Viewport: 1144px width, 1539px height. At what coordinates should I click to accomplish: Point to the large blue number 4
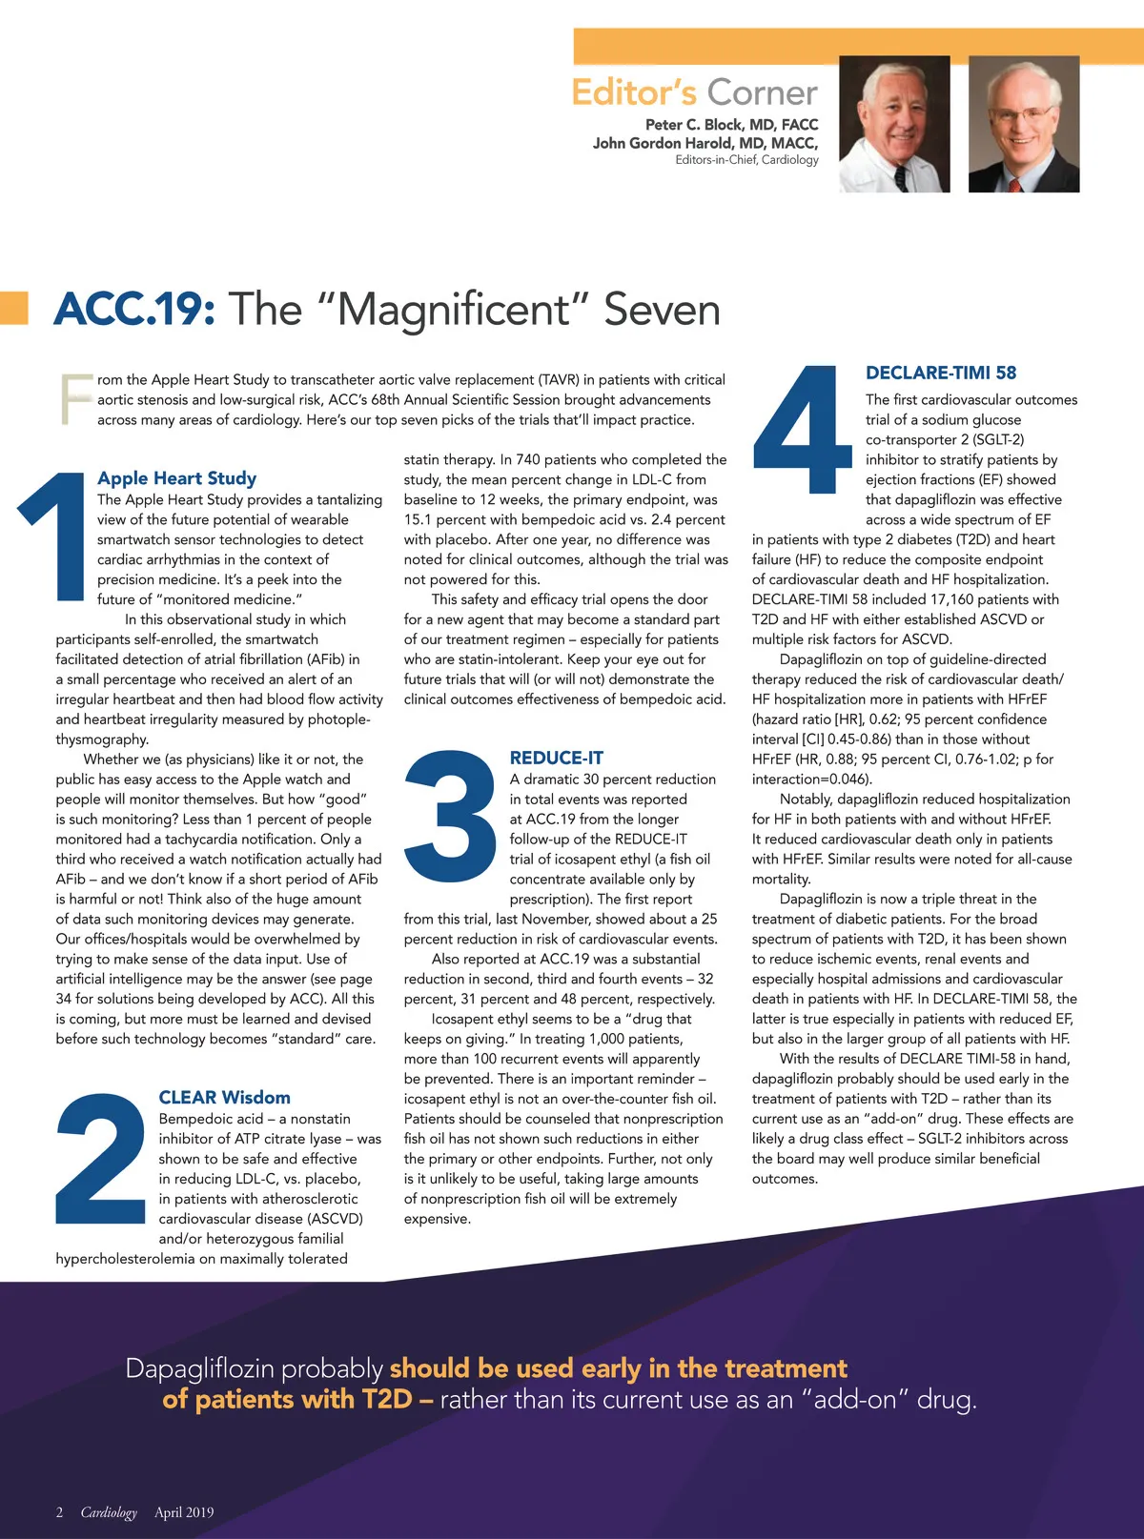pos(802,430)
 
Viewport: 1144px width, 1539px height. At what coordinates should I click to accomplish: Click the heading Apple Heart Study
pos(176,478)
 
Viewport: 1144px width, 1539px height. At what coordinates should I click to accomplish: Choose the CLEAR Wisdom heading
pos(224,1098)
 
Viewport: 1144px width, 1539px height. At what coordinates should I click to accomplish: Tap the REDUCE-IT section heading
pos(556,759)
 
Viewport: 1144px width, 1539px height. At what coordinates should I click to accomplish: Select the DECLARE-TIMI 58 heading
pos(940,373)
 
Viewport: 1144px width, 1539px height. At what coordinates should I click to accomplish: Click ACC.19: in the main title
pos(134,310)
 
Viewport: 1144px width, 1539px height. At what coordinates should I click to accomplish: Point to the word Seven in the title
pos(662,310)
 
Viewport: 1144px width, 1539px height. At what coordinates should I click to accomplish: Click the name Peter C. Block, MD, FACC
pos(731,125)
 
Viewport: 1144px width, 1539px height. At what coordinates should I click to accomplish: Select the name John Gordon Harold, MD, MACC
pos(705,143)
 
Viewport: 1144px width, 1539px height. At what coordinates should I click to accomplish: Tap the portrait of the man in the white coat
pos(893,124)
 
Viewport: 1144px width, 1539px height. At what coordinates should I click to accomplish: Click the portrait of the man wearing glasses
pos(1024,124)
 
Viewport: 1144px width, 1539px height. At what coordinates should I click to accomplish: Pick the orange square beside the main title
pos(13,307)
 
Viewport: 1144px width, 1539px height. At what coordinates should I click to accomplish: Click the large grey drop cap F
pos(75,399)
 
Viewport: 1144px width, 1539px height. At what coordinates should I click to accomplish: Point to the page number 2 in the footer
pos(59,1512)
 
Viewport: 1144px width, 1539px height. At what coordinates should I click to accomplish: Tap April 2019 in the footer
pos(184,1512)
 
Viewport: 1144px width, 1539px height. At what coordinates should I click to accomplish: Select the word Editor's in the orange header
pos(634,92)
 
